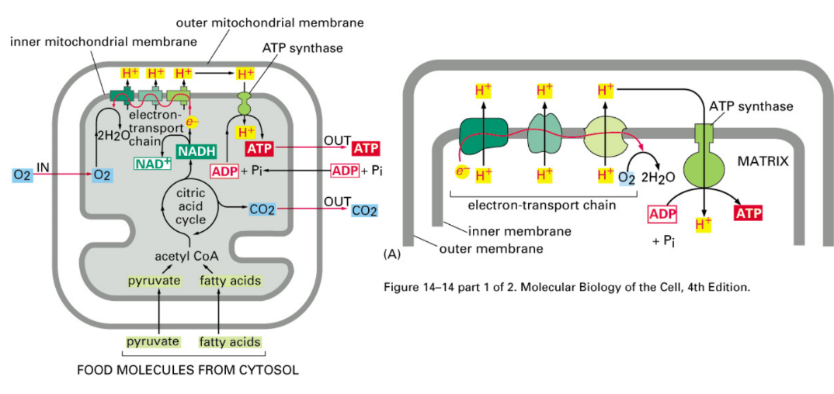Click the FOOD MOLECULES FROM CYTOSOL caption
pyautogui.click(x=187, y=370)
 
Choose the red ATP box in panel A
pyautogui.click(x=746, y=213)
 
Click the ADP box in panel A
pyautogui.click(x=663, y=213)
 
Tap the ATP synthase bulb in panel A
pyautogui.click(x=704, y=165)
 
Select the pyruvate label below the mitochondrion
pyautogui.click(x=154, y=341)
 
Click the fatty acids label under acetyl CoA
pyautogui.click(x=230, y=280)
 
